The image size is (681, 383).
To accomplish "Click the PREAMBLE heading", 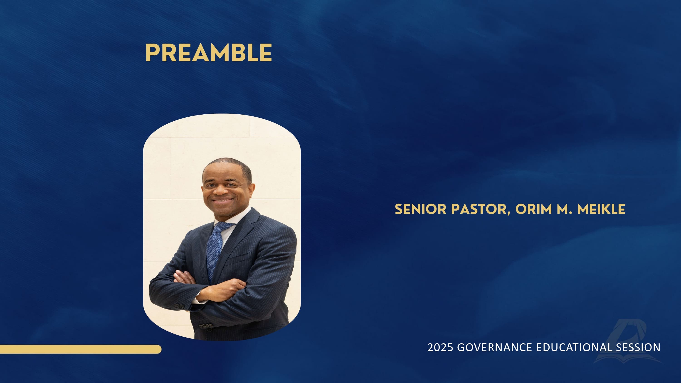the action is point(209,53).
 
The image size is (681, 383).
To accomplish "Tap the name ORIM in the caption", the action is point(534,209).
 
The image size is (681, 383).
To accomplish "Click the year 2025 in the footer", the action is point(440,347).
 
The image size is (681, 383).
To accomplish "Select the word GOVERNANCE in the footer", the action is point(494,347).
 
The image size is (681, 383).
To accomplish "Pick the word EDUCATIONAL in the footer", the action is point(574,347).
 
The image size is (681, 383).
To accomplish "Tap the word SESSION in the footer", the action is point(638,347).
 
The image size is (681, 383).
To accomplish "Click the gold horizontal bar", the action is point(81,349).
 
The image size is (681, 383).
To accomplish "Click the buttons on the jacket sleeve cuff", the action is point(179,306).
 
